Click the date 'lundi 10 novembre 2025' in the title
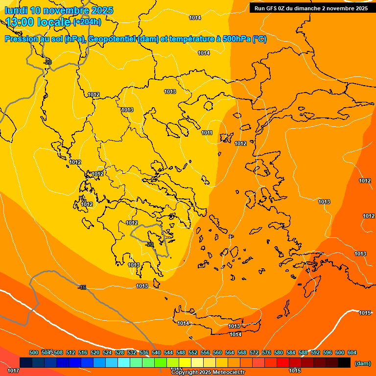(59, 10)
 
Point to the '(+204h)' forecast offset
(87, 22)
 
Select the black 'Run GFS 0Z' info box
(311, 8)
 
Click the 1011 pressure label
(207, 133)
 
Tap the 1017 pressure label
(13, 371)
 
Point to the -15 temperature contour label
(82, 287)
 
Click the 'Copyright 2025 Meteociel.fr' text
(208, 373)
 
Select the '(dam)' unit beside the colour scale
(362, 363)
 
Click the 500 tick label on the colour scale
(34, 352)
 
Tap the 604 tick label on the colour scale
(352, 352)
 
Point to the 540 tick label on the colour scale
(156, 352)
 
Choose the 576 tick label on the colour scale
(266, 352)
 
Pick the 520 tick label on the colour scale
(95, 352)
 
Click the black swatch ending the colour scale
(344, 363)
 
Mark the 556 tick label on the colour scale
(205, 352)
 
